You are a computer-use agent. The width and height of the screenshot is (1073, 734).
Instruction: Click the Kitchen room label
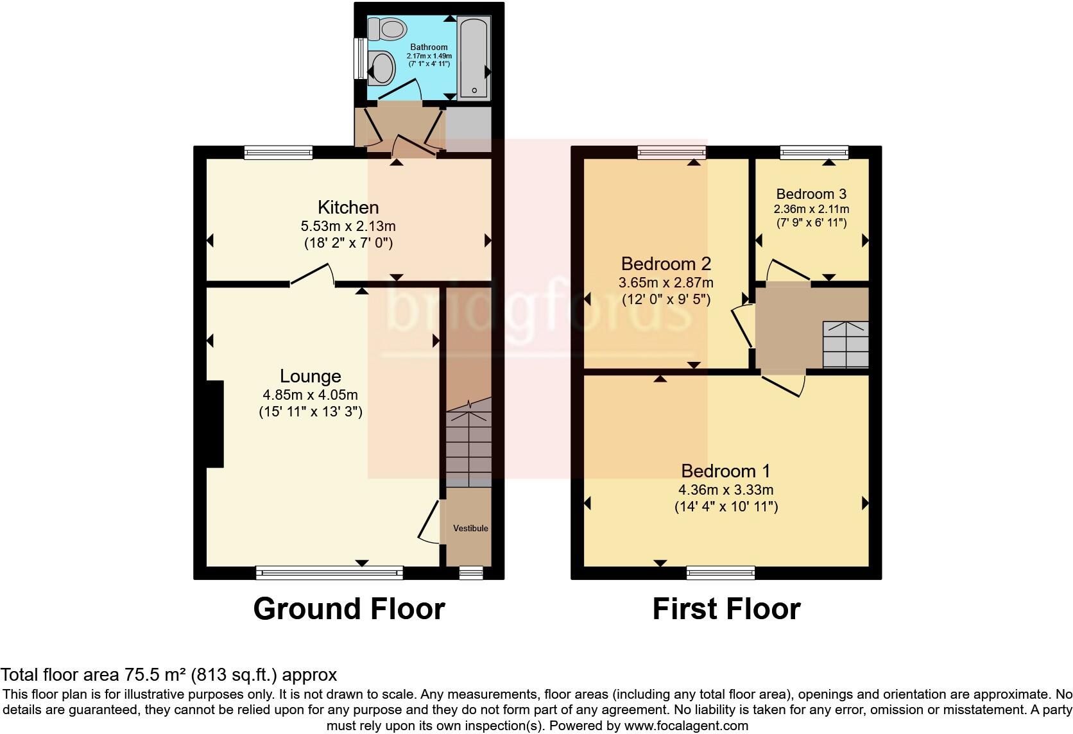point(348,207)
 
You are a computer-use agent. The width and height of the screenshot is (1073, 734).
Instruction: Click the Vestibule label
point(470,529)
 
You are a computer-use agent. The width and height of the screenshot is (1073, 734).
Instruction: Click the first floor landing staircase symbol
point(845,344)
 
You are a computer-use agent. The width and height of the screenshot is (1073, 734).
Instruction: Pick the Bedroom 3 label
point(811,194)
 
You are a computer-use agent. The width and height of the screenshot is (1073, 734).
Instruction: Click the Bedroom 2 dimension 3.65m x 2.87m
point(665,282)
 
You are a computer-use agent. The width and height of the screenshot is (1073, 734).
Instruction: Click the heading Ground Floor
point(349,609)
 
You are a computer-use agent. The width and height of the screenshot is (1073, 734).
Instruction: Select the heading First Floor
point(726,609)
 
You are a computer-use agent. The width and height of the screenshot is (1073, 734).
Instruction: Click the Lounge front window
point(329,572)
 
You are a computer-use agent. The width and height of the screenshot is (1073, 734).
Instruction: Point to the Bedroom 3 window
point(814,152)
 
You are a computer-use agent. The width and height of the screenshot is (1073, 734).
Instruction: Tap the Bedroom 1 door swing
point(785,384)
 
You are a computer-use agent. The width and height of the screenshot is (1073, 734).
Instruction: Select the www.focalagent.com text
point(685,726)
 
